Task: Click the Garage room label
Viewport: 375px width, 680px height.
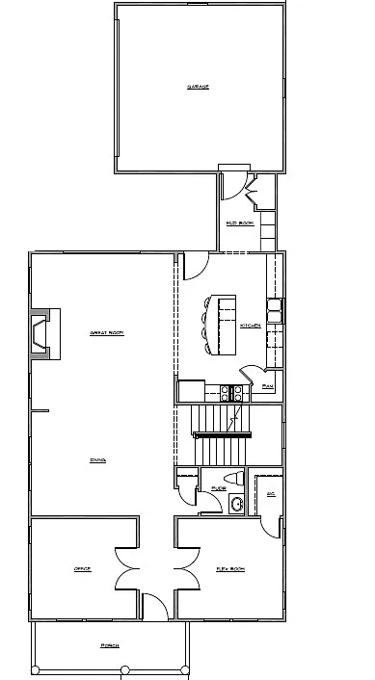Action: [x=198, y=87]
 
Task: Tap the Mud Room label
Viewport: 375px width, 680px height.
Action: [x=239, y=222]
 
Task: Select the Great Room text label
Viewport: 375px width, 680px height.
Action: [x=106, y=332]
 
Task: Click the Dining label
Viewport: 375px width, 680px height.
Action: [x=97, y=460]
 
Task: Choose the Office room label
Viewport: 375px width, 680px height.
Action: [x=82, y=570]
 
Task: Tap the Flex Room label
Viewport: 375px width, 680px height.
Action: [x=229, y=570]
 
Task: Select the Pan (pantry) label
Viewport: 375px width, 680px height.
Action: [x=268, y=386]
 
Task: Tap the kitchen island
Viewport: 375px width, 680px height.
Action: [x=224, y=325]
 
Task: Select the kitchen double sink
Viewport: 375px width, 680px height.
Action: [x=275, y=310]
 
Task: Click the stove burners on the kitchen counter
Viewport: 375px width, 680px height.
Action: [x=232, y=391]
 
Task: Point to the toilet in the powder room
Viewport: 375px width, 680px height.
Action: [x=234, y=479]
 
